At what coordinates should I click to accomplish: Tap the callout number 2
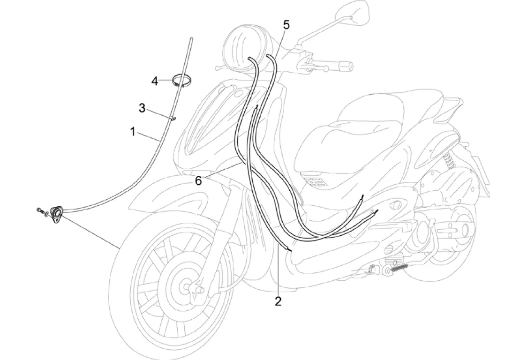point(278,301)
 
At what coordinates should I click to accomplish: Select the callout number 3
point(142,109)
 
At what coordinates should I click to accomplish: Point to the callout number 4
point(155,81)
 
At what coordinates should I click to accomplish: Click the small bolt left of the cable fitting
point(39,211)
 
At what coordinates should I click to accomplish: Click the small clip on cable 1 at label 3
point(172,118)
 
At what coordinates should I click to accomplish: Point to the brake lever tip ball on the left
point(219,68)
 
